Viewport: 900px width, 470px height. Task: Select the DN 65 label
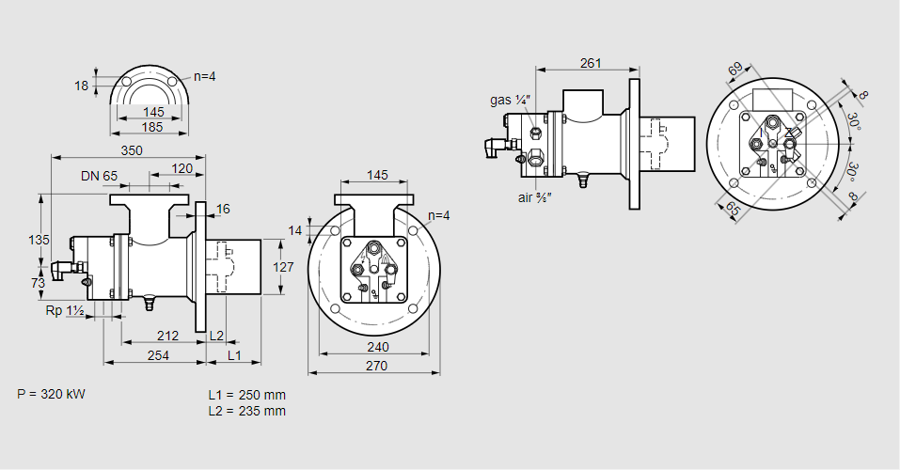[x=99, y=176]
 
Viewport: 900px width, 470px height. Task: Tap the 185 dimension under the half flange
[x=153, y=126]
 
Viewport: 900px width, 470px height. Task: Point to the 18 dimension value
[x=81, y=86]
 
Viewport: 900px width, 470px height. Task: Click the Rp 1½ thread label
[x=65, y=310]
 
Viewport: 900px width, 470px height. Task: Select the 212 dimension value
[x=167, y=335]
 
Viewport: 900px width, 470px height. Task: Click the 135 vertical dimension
[x=39, y=240]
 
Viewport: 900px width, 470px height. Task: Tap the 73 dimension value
[x=39, y=282]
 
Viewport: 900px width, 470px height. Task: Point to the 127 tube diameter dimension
[x=283, y=267]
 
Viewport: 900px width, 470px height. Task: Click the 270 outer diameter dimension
[x=375, y=366]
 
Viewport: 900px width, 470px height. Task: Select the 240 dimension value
[x=375, y=346]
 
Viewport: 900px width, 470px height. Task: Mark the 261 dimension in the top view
[x=591, y=63]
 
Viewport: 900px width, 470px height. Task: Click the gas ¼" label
[x=511, y=100]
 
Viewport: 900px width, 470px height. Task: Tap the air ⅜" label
[x=534, y=197]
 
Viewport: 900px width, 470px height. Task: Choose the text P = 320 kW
[x=51, y=394]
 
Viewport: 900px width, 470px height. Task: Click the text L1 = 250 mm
[x=246, y=395]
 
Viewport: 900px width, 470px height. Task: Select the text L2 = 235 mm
[x=246, y=411]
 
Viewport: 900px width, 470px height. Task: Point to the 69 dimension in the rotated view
[x=735, y=70]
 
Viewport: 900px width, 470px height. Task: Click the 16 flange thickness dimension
[x=223, y=209]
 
